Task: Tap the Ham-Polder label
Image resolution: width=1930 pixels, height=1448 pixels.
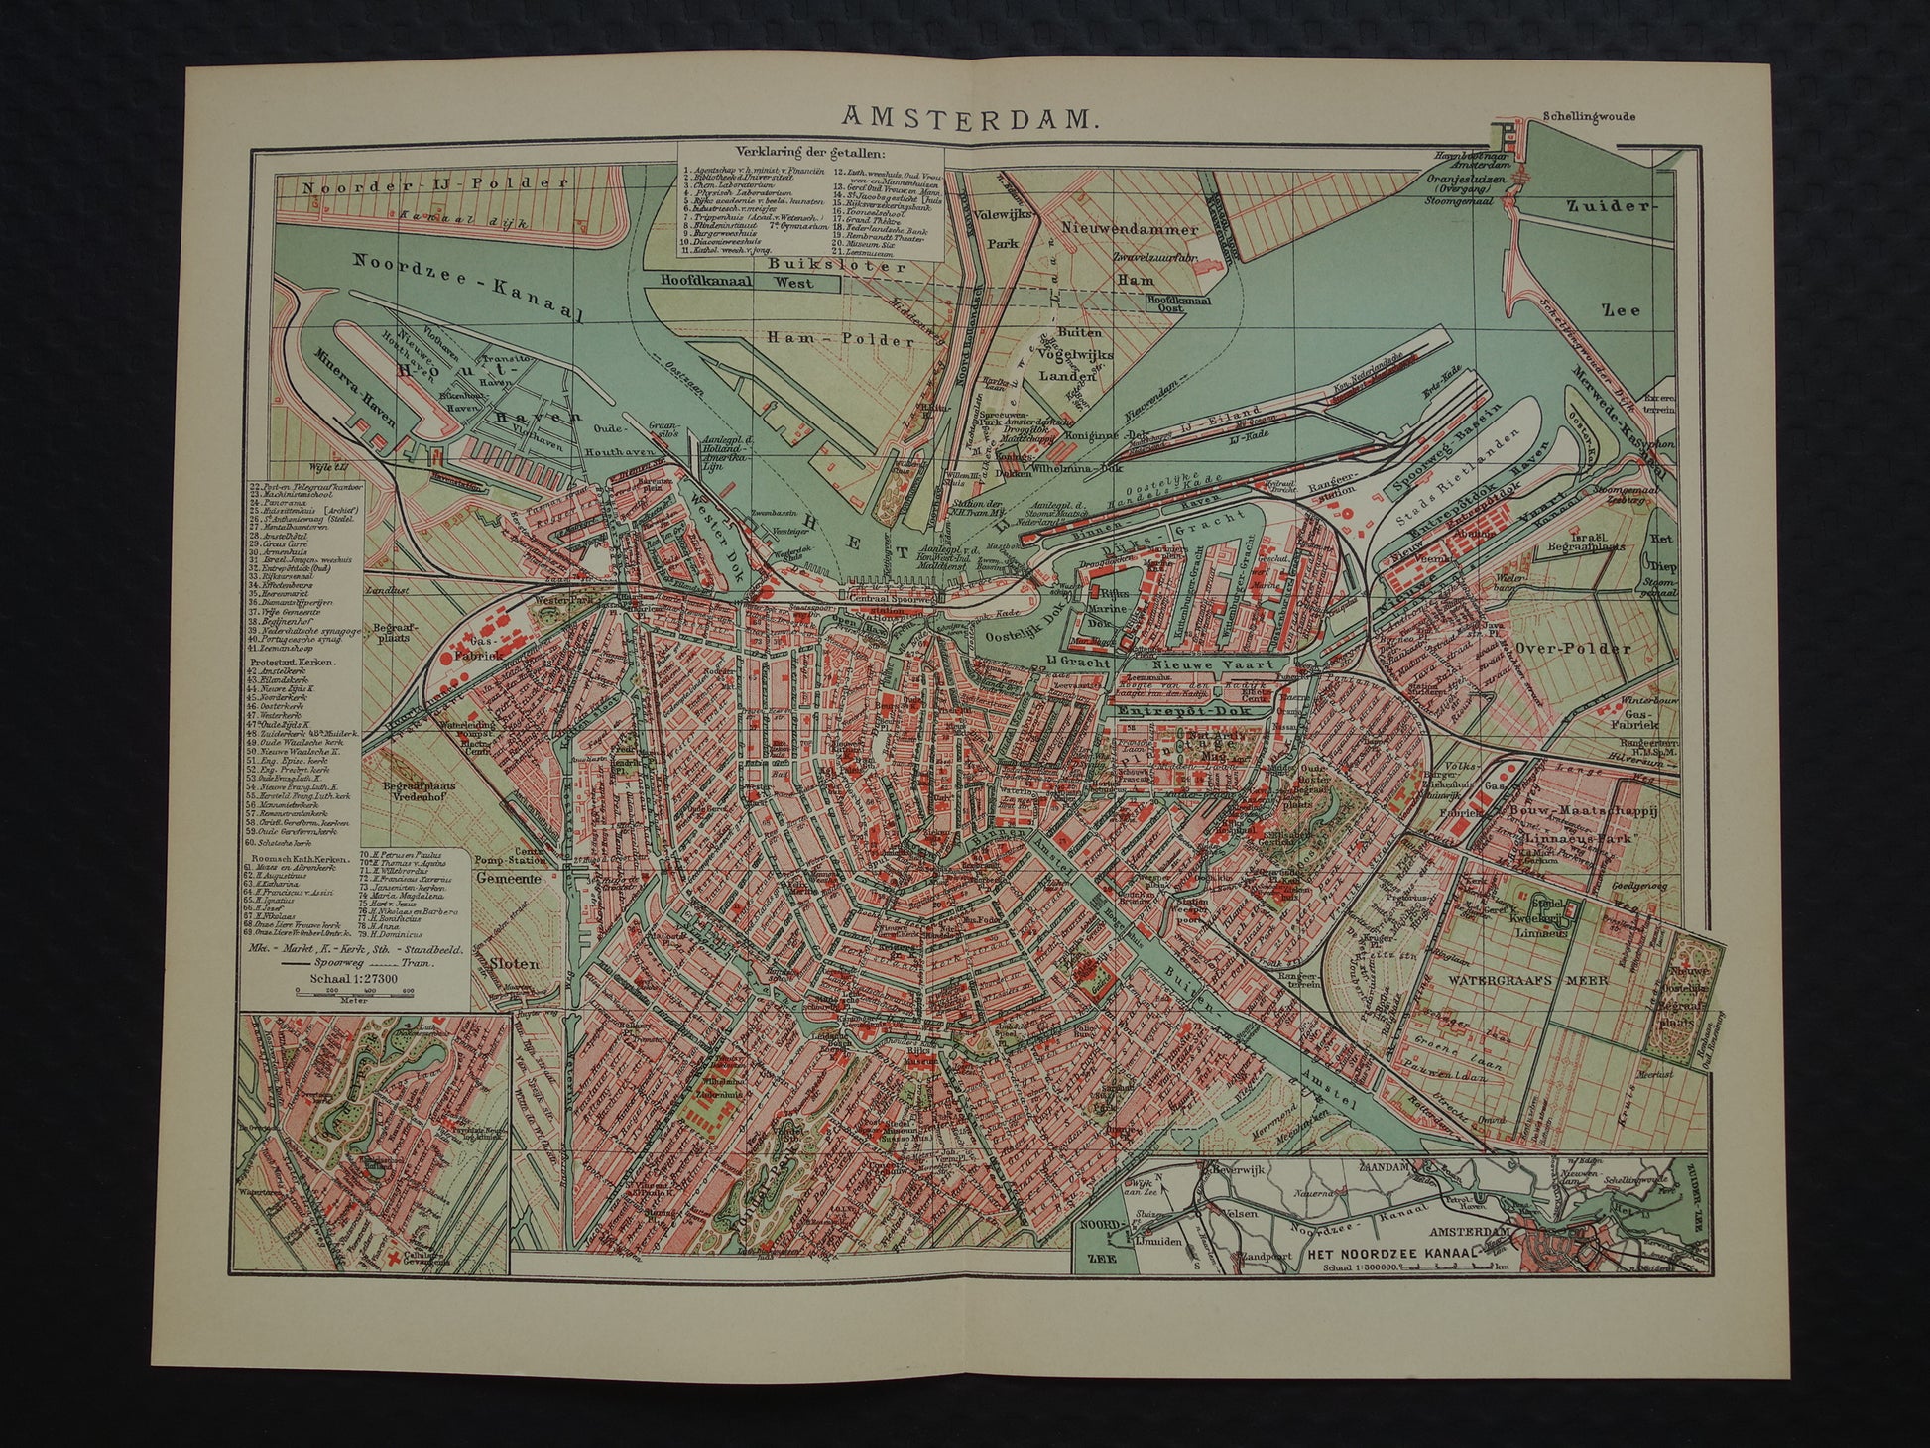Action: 840,339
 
